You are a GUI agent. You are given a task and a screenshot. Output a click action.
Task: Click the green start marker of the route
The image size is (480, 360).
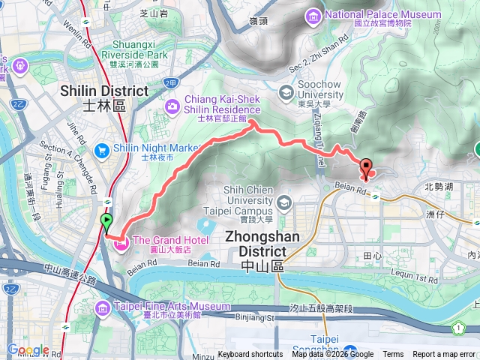coord(106,222)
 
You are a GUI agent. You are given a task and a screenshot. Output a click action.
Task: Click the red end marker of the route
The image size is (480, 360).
coord(366,169)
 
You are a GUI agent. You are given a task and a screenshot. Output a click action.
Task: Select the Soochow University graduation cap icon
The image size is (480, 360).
coord(285,92)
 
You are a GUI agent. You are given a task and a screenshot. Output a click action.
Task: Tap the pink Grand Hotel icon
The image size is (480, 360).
coord(119,241)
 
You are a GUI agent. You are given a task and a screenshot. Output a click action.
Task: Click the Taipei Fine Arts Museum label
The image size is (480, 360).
coord(172,306)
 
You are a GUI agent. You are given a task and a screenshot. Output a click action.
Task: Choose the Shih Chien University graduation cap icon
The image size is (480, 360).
coord(284,202)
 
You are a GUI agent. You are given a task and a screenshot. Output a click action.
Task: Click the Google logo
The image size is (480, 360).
coord(28,349)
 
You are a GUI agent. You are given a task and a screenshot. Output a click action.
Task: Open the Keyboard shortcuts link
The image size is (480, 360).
coord(250,355)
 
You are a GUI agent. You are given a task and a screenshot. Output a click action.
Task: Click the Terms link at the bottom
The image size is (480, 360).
coord(393,355)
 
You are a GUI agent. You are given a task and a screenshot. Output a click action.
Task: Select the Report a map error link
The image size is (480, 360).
coord(445,355)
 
